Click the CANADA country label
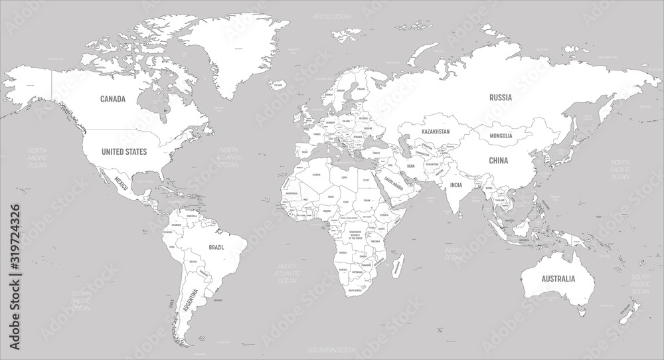click(113, 99)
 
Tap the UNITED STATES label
click(123, 152)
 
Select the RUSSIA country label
click(501, 98)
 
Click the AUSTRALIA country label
click(557, 279)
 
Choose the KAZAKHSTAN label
click(435, 132)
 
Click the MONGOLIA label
click(501, 136)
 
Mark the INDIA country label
click(456, 185)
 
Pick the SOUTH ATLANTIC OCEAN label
click(287, 273)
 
